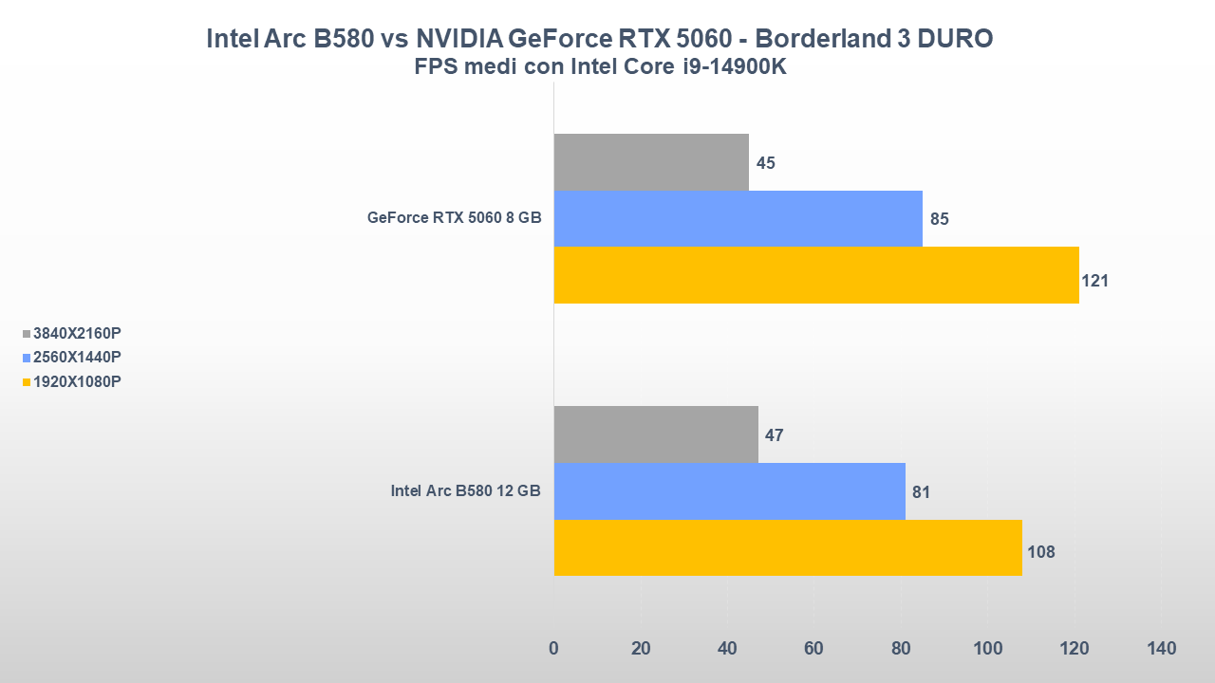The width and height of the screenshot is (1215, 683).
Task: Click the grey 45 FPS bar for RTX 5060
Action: [651, 162]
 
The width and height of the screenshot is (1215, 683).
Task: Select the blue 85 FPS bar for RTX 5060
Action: [738, 218]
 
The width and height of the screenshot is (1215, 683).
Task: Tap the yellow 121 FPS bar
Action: [816, 275]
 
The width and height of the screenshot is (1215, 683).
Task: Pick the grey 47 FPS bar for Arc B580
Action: [656, 434]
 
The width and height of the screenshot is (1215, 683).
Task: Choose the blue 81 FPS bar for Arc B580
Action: [729, 491]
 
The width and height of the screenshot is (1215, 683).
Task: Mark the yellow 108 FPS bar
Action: [788, 547]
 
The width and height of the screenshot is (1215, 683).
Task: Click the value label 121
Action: [1094, 281]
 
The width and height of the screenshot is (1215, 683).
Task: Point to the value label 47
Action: [774, 435]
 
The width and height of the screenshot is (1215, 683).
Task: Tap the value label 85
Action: [940, 219]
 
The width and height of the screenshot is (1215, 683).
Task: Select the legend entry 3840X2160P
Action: [77, 333]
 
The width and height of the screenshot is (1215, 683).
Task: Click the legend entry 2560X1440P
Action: [77, 358]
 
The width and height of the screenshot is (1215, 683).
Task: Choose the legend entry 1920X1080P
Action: [77, 381]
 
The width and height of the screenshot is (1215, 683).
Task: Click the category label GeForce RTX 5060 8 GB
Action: [455, 218]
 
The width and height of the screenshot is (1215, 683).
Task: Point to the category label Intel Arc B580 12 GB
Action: [466, 491]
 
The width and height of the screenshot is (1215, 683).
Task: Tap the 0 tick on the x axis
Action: [554, 649]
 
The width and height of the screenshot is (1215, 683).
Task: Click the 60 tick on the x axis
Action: [813, 649]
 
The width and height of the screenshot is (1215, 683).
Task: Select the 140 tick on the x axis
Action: [1161, 649]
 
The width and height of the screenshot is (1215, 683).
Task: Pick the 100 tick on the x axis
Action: [988, 649]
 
